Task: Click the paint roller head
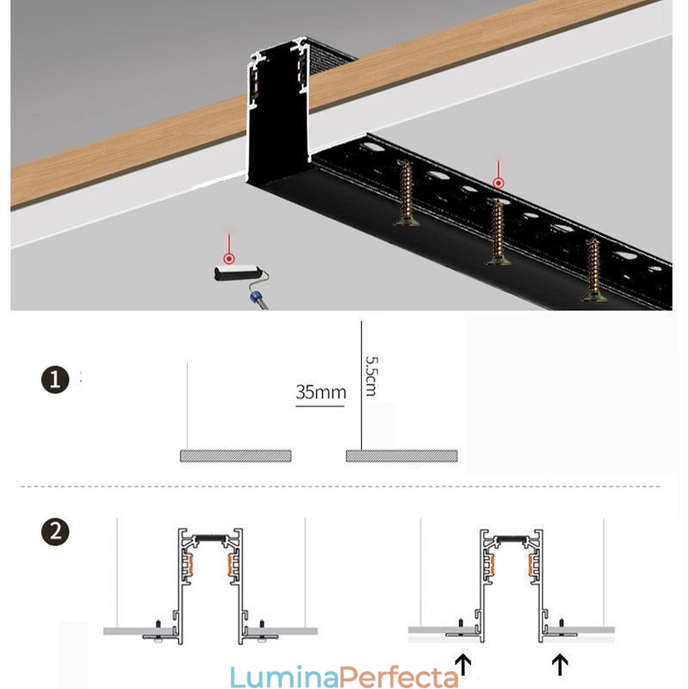click(x=233, y=274)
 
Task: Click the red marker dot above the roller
click(x=229, y=258)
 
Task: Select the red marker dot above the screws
click(x=498, y=183)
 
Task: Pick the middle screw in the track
click(x=496, y=232)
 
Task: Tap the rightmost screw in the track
click(x=593, y=270)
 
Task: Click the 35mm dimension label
click(x=320, y=393)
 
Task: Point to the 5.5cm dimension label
click(x=371, y=376)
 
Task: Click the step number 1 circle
click(x=55, y=380)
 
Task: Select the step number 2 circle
click(x=55, y=531)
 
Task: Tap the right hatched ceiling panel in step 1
click(x=402, y=456)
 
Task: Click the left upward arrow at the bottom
click(x=463, y=664)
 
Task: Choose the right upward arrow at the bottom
click(x=561, y=664)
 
